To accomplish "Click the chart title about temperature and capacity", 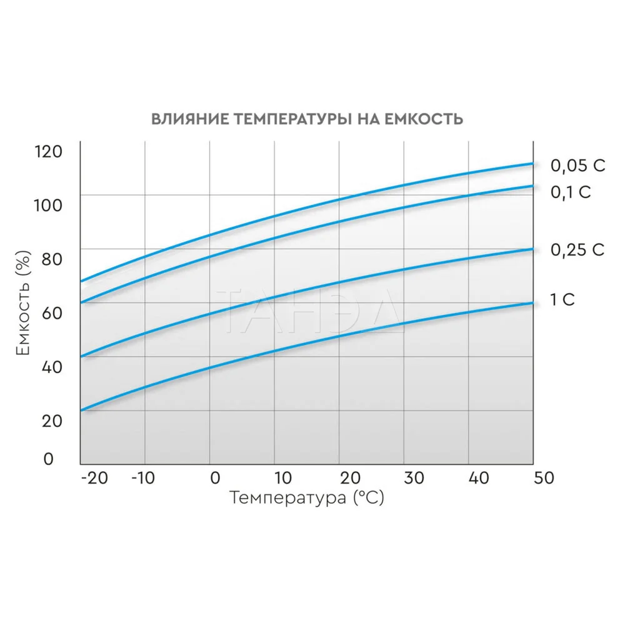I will (307, 119).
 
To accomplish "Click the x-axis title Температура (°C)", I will (306, 498).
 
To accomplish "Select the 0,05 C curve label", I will (577, 166).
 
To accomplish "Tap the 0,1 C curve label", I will (570, 192).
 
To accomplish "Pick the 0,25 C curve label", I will (577, 250).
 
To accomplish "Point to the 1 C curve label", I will (562, 300).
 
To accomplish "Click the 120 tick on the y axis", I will (48, 151).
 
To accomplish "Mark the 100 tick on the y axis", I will (48, 205).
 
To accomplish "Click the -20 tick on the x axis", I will (94, 478).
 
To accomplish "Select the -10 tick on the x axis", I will (145, 478).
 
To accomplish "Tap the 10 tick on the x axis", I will (282, 478).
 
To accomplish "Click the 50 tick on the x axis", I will (542, 478).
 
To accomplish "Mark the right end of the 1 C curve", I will (532, 303).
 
